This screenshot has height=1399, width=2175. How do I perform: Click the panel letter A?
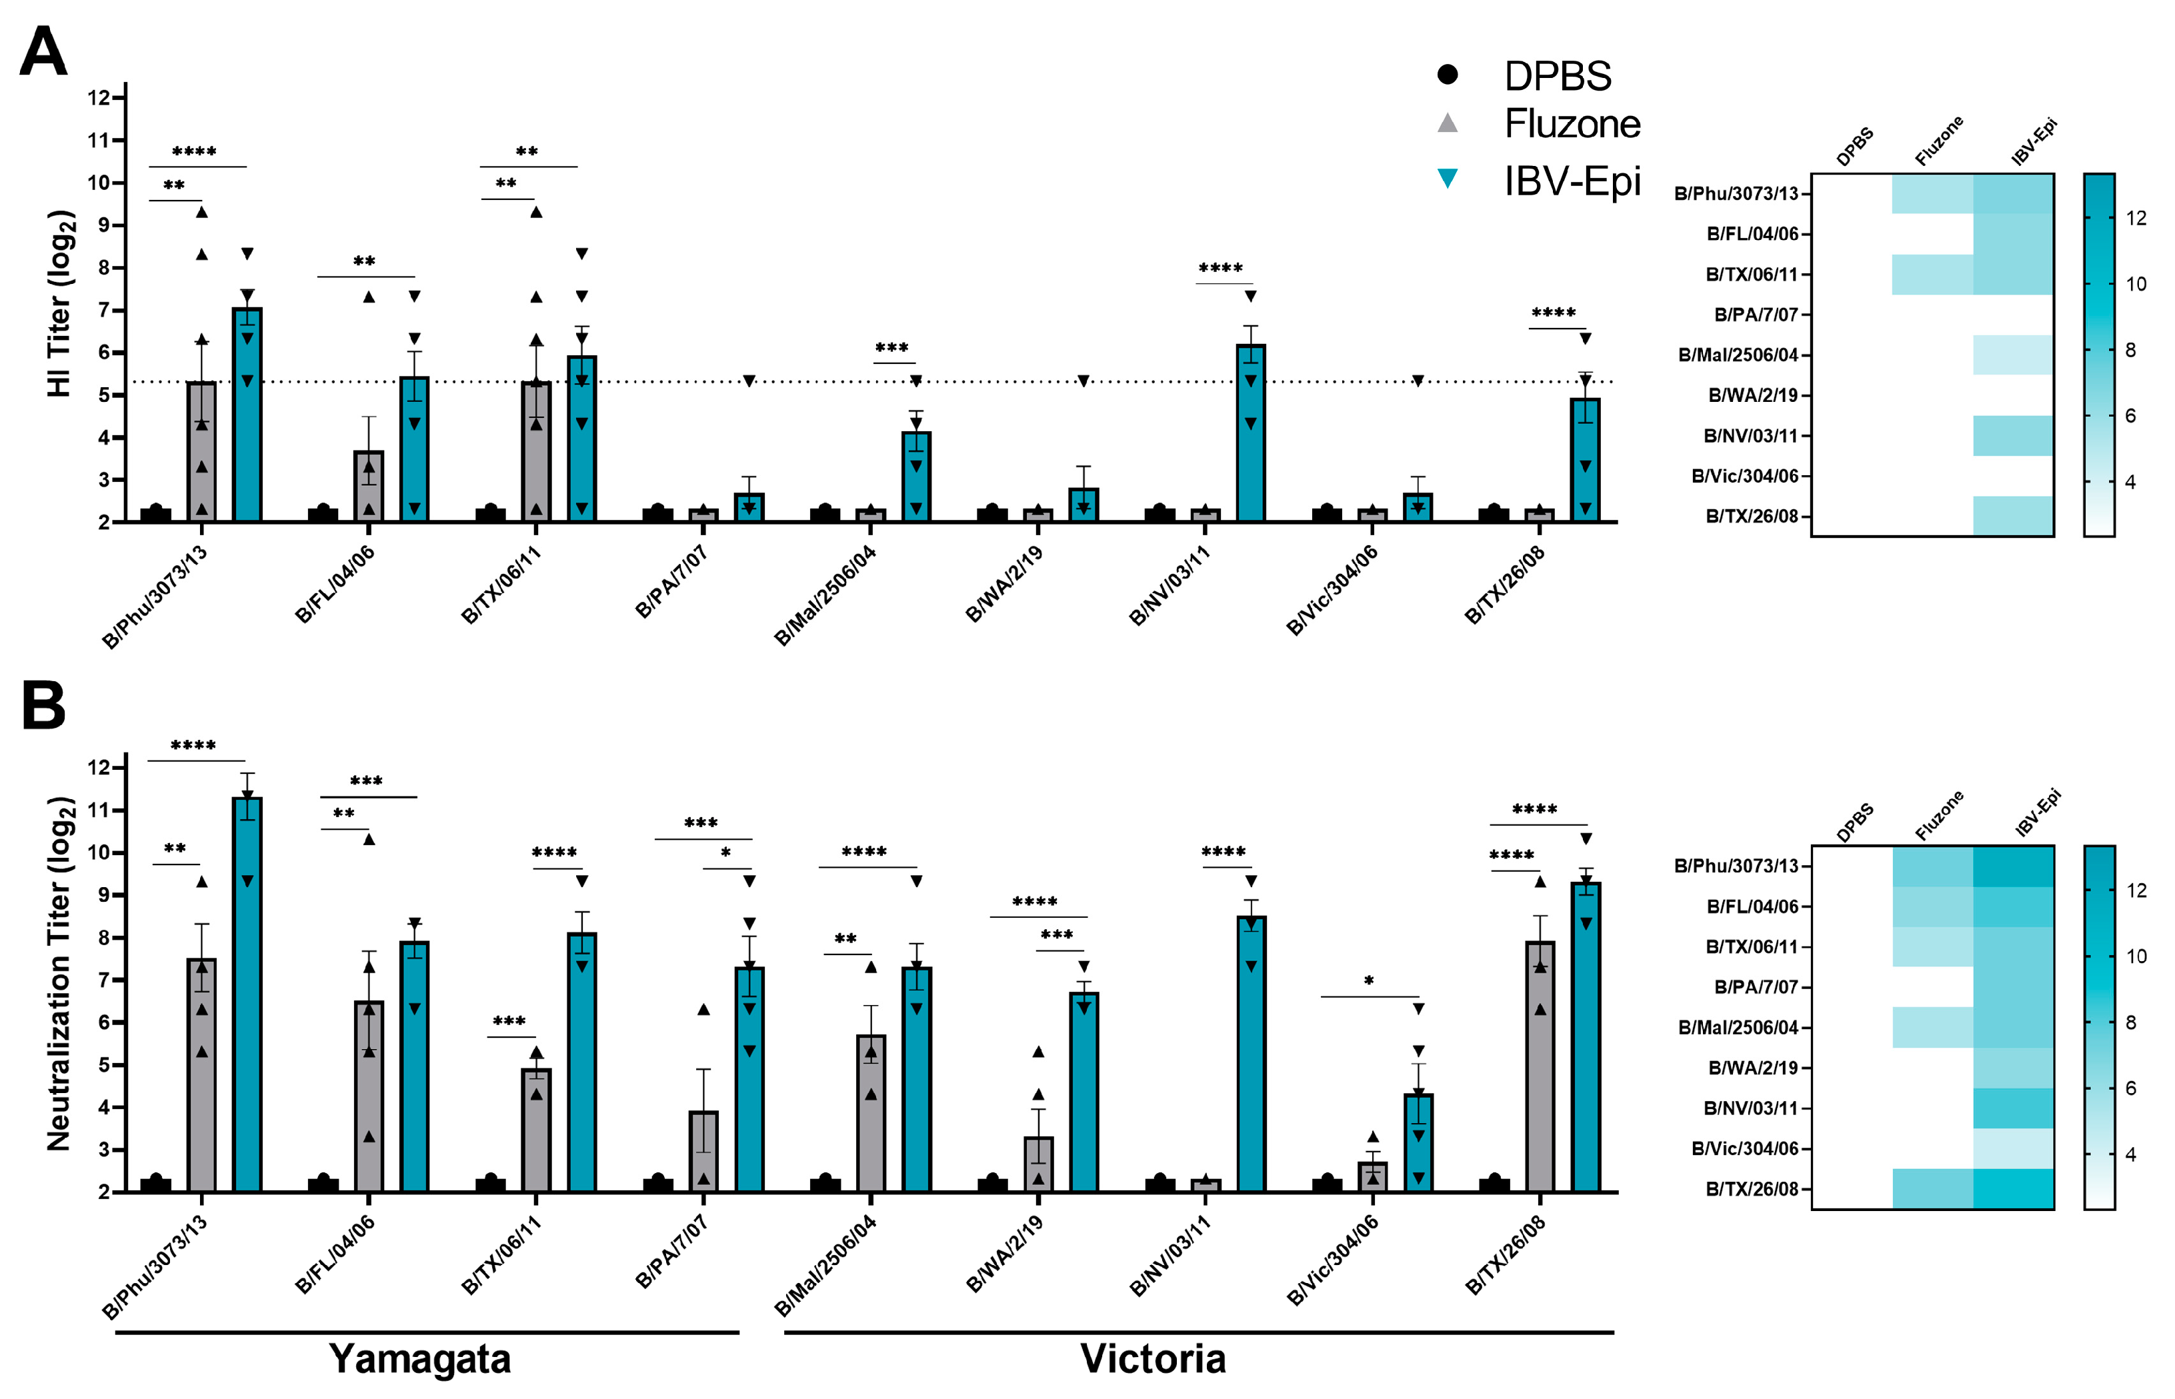point(43,53)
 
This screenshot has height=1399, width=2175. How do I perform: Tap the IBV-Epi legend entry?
point(1571,181)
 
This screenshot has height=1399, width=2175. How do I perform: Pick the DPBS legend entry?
point(1556,75)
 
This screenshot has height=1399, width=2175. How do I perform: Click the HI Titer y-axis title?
point(59,305)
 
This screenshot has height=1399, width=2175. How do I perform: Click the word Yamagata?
point(420,1359)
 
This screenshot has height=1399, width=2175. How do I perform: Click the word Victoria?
point(1153,1359)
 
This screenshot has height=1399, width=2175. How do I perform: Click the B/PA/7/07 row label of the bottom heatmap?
point(1755,986)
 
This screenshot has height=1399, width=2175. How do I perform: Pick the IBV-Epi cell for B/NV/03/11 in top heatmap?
point(2012,435)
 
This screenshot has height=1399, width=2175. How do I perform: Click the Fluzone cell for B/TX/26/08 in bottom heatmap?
point(1932,1188)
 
